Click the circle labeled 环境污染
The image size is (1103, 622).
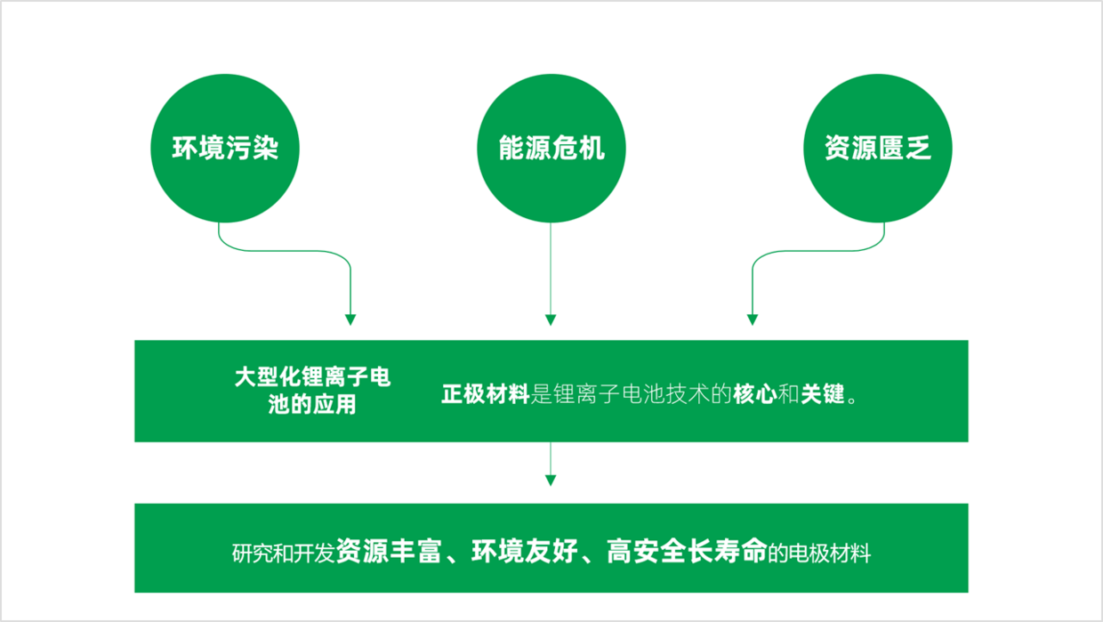(225, 149)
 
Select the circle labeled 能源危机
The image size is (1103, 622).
(551, 149)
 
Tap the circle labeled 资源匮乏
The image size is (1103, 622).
(877, 149)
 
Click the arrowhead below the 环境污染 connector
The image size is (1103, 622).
(350, 319)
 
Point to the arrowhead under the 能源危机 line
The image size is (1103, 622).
(551, 319)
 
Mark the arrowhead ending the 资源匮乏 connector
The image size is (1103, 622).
(753, 319)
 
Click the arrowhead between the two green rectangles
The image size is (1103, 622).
(551, 481)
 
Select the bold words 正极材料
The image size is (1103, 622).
(486, 394)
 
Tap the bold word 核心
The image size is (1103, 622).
(755, 394)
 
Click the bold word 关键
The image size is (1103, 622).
(823, 394)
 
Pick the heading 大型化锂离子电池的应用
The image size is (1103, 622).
(312, 391)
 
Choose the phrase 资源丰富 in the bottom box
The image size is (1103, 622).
(389, 551)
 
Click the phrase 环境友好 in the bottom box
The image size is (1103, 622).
(524, 551)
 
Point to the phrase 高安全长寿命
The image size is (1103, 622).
(687, 551)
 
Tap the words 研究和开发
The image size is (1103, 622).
(284, 553)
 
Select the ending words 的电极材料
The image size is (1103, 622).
(819, 553)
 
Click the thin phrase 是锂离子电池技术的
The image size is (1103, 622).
(632, 394)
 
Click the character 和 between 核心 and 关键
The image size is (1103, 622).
(789, 394)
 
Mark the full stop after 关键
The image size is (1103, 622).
(852, 400)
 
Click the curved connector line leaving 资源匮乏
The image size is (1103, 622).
(817, 251)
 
